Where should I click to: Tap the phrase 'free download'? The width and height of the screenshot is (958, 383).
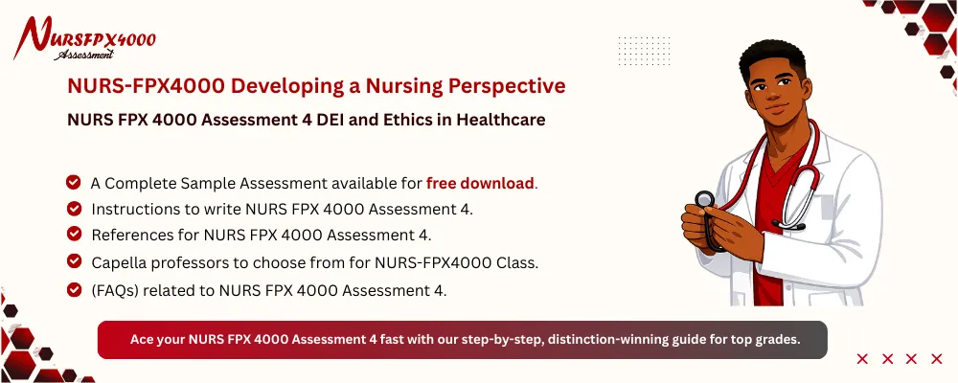coord(480,183)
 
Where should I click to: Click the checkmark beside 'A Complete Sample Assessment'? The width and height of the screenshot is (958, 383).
coord(74,182)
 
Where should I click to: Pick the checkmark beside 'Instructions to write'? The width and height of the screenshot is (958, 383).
coord(74,208)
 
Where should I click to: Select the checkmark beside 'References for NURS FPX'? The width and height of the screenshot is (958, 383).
coord(74,234)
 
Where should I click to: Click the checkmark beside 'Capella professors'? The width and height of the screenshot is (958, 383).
coord(74,260)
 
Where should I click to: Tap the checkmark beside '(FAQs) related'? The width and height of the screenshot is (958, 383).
coord(74,286)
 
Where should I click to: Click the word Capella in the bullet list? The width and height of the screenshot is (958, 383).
coord(122,260)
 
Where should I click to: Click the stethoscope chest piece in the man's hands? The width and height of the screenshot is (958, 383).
coord(704,201)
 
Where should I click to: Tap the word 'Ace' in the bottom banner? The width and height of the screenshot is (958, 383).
coord(142,340)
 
